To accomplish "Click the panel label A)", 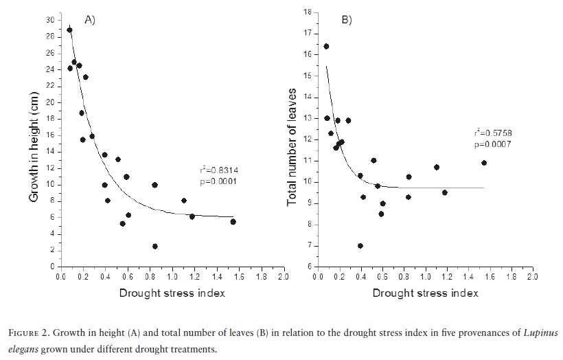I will click(x=89, y=20).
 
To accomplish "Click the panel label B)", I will click(x=347, y=20).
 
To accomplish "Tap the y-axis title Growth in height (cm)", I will click(x=34, y=149).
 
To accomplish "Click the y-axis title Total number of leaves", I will click(x=292, y=147).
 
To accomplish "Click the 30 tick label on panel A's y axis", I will click(x=49, y=19).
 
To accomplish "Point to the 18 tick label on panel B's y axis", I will click(x=308, y=12).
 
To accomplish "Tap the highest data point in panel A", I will click(x=69, y=30).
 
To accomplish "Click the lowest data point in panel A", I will click(x=155, y=246).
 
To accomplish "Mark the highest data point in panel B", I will click(x=326, y=47).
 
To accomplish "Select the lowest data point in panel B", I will click(x=360, y=245).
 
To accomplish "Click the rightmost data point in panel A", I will click(x=233, y=221).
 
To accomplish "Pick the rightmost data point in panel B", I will click(x=484, y=163).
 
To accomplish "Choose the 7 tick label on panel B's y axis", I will click(x=310, y=245).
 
